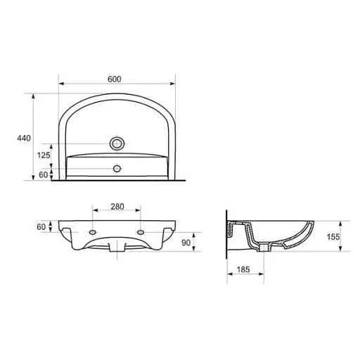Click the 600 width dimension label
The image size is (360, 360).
click(114, 78)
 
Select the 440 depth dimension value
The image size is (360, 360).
click(23, 139)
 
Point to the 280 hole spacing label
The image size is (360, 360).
click(117, 206)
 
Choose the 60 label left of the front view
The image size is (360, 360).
click(41, 226)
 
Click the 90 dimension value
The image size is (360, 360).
click(186, 243)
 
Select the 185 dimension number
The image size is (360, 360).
click(244, 269)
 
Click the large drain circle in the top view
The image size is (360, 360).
click(117, 143)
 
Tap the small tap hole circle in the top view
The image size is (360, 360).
click(117, 168)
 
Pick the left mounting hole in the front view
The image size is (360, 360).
click(93, 231)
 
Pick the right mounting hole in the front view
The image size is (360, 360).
click(141, 231)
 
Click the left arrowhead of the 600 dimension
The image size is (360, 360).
click(60, 84)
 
